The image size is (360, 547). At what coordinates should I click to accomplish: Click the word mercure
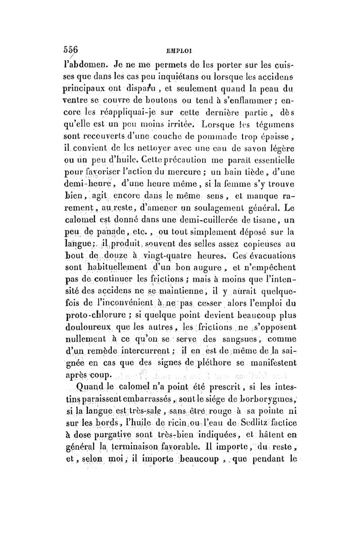pyautogui.click(x=189, y=172)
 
